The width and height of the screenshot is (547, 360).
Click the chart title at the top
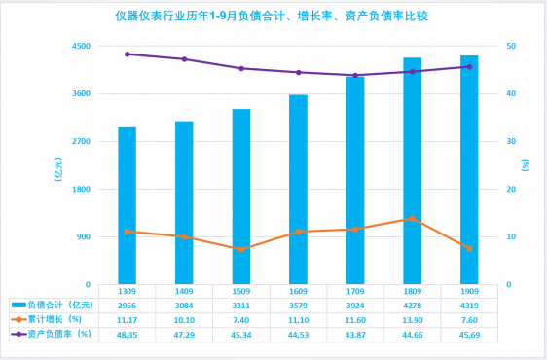272,16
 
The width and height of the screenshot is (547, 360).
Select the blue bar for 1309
127,206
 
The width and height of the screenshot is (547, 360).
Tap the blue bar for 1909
469,170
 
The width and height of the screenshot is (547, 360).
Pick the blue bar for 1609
298,190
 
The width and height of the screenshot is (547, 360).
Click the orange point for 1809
413,219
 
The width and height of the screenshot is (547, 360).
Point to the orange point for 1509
241,249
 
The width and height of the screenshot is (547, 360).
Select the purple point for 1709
355,75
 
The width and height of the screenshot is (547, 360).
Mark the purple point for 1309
127,54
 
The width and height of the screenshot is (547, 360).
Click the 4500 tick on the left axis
81,46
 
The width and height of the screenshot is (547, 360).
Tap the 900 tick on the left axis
84,236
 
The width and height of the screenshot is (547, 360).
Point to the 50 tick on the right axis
511,46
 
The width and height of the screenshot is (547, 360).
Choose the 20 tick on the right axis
511,189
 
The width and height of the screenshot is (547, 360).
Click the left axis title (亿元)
58,169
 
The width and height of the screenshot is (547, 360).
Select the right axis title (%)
525,165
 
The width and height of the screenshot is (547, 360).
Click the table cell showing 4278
413,306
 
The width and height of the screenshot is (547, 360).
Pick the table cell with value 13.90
413,320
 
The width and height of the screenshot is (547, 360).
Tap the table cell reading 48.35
127,335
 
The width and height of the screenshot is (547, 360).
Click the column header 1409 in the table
184,291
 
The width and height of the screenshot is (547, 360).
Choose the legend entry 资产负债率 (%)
52,334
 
